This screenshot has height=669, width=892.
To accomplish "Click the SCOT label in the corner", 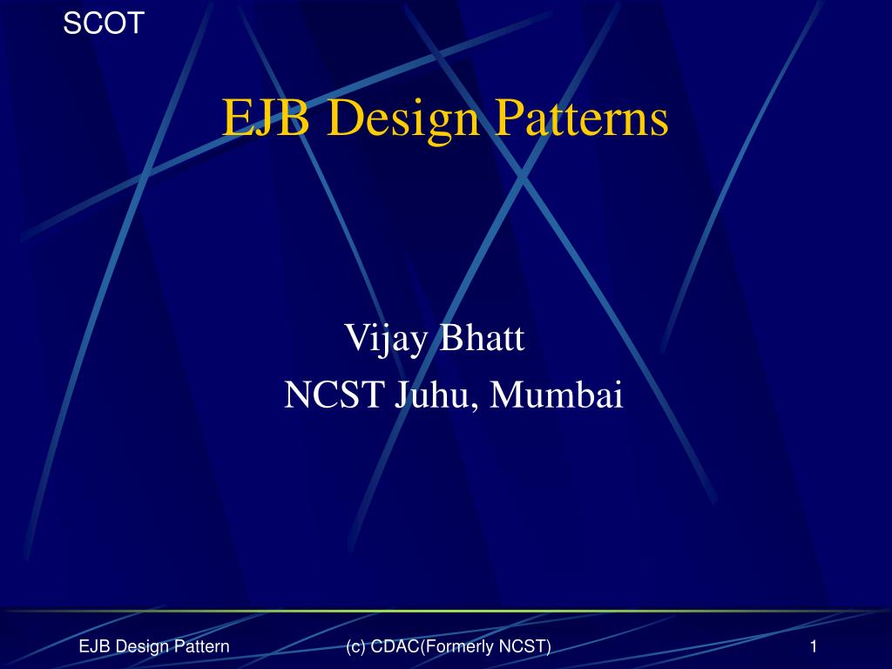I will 104,24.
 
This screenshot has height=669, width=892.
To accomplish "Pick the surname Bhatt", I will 483,337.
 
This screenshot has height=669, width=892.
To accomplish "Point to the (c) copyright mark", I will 355,645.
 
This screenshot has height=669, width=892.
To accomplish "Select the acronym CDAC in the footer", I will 394,645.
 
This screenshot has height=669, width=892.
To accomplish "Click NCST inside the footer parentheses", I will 524,645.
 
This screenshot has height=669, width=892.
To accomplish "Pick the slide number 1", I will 813,645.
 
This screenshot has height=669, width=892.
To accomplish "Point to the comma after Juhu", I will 477,406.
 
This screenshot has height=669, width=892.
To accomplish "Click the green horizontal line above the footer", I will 446,611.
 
